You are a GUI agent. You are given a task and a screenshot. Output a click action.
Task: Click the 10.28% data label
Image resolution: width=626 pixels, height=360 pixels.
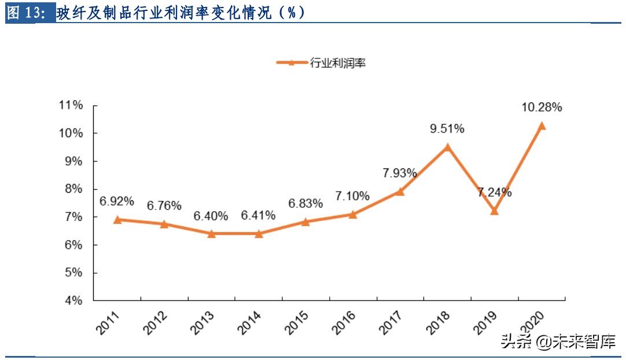tap(542, 107)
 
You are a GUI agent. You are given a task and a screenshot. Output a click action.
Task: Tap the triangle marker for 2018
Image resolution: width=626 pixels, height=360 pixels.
tap(447, 147)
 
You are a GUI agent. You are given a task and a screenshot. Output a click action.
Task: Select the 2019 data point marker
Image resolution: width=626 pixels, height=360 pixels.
tap(494, 211)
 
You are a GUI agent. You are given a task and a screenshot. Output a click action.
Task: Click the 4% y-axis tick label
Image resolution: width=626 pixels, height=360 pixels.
tap(73, 301)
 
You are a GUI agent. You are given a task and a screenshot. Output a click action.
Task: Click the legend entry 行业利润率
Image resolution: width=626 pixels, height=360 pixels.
tap(338, 63)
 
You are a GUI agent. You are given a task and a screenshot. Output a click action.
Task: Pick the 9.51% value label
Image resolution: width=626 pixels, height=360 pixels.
tap(447, 128)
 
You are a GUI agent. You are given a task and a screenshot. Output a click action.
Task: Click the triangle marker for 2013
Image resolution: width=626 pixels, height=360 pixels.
tap(211, 234)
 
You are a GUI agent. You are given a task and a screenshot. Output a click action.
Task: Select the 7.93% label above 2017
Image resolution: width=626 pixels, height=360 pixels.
tap(399, 172)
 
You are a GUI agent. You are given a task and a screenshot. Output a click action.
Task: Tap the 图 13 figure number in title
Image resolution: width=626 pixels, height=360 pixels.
tap(27, 13)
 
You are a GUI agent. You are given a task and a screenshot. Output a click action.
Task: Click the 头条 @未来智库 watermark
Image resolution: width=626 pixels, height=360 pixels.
tap(558, 342)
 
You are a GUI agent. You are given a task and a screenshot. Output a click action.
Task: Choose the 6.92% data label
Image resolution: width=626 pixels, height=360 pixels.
tap(117, 201)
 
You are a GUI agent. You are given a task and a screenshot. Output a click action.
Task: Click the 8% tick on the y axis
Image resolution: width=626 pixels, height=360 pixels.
tap(73, 189)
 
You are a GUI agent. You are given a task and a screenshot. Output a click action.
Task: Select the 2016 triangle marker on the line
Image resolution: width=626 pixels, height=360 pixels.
tap(352, 214)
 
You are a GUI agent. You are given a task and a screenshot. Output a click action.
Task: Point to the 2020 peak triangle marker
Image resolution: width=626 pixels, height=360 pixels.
tap(542, 126)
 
